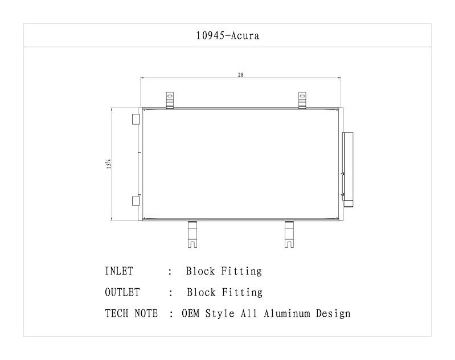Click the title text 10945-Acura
[227, 36]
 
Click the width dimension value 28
[241, 75]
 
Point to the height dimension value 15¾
[108, 164]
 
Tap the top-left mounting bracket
[170, 100]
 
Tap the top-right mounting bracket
[302, 100]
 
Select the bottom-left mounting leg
[193, 234]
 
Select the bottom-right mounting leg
[290, 234]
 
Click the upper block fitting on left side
[136, 119]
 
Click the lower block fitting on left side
[136, 201]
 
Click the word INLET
[119, 271]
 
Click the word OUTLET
[122, 292]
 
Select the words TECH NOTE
[131, 313]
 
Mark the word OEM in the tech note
[191, 313]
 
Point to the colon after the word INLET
[170, 272]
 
